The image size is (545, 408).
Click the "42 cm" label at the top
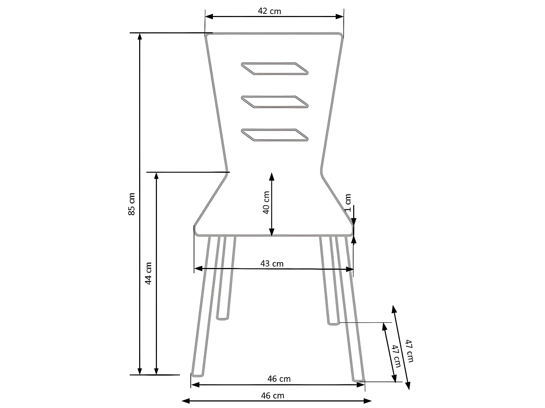coord(270,11)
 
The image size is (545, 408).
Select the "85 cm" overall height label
coord(132,204)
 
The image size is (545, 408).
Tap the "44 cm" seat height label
coord(148,273)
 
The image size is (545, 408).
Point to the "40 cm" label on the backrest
coord(266,203)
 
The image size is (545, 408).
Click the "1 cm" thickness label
coord(348,203)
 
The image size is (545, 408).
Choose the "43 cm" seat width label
coord(272,264)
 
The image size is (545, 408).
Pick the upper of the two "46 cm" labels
coord(279,379)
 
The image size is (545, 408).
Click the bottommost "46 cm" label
coord(272,396)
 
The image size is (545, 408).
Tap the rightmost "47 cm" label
coord(409,351)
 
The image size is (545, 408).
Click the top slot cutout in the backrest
coord(275,69)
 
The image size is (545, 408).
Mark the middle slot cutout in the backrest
coord(275,102)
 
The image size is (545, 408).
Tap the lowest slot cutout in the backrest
coord(275,135)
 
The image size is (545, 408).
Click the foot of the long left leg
coord(198,374)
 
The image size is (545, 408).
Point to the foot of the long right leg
coord(358,379)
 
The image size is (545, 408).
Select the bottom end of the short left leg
coord(223,318)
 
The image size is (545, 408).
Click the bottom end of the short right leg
coord(333,323)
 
